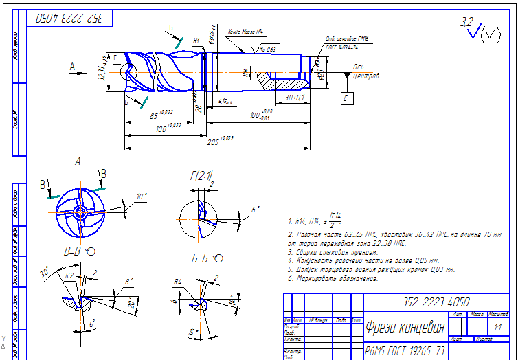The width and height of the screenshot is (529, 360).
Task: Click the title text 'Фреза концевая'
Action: pos(405,326)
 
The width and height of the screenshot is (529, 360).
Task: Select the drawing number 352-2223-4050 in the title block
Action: pos(436,302)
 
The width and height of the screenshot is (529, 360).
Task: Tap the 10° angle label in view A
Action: pos(142,196)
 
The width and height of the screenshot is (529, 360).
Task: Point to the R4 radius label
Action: pos(177,281)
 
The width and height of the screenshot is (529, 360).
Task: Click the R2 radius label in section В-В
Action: pos(69,275)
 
